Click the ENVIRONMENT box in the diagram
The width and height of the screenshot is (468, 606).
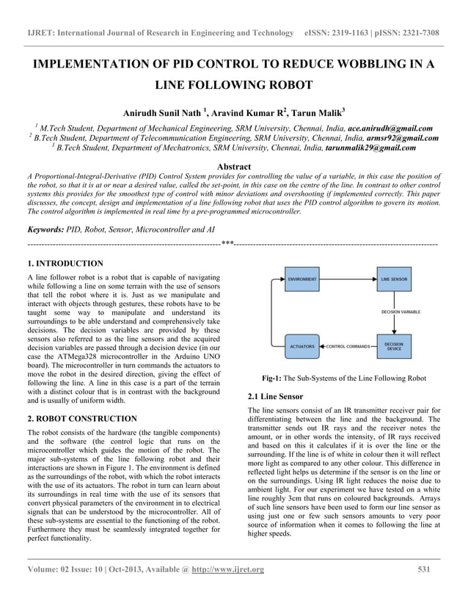click(x=302, y=280)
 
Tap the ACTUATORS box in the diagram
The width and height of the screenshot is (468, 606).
click(x=302, y=345)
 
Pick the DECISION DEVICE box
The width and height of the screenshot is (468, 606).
click(x=395, y=345)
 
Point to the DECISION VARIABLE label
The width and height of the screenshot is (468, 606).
click(x=401, y=312)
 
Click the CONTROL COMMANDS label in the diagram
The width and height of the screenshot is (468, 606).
click(x=348, y=345)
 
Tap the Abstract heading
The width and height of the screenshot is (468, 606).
click(x=233, y=167)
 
